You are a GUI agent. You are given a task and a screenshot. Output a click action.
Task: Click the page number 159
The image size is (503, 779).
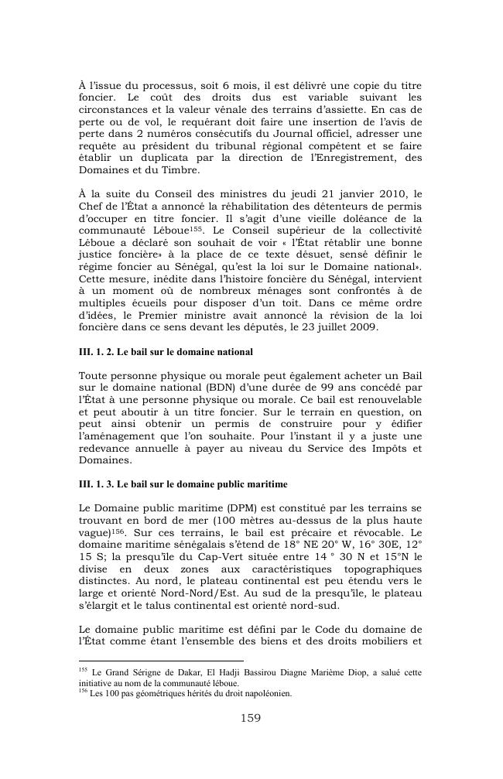click(251, 718)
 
